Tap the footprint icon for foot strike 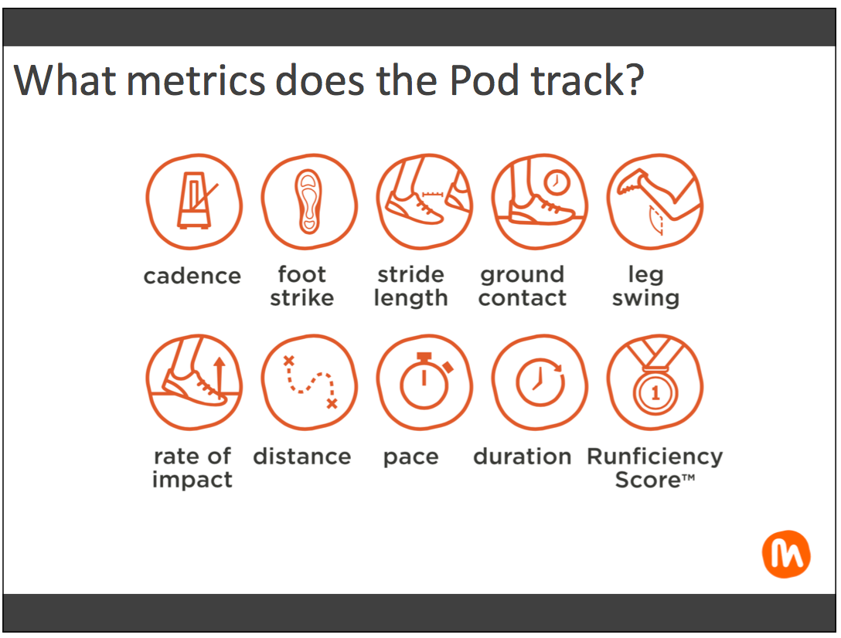309,202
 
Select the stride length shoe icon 424,202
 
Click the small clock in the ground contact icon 557,182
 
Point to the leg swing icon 655,202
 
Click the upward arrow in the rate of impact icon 219,376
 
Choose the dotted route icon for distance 309,382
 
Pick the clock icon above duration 540,382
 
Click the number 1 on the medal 655,393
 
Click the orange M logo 786,555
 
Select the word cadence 192,276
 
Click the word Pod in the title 484,80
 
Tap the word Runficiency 655,456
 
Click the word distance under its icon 302,456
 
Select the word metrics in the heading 196,80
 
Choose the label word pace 411,458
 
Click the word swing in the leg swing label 645,298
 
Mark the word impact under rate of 192,480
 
